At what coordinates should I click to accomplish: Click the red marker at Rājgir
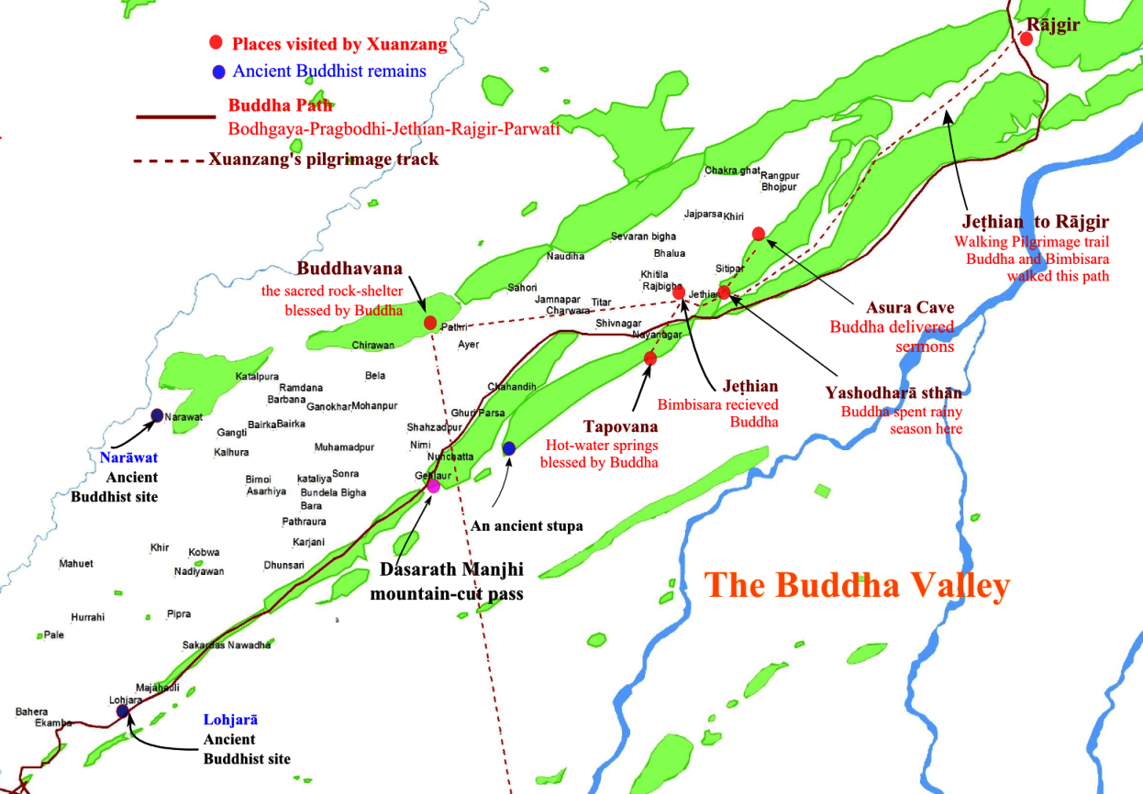coord(1026,39)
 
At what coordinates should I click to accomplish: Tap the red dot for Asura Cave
coord(758,234)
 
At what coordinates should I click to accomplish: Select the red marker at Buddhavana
coord(429,323)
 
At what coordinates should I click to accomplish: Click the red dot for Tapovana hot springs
coord(649,358)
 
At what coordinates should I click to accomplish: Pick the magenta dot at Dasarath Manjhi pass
coord(433,486)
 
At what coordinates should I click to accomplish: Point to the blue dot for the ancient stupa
coord(509,447)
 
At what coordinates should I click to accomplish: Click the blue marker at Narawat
coord(157,415)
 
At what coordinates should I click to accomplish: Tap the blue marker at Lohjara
coord(123,711)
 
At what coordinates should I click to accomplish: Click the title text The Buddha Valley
coord(857,585)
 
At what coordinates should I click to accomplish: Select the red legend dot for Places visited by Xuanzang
coord(216,43)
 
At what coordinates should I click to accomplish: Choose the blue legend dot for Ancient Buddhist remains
coord(217,72)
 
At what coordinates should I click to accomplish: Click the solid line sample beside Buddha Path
coord(174,117)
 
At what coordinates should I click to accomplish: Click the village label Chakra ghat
coord(732,171)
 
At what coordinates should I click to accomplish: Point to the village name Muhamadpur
coord(344,447)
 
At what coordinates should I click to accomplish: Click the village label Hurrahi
coord(88,617)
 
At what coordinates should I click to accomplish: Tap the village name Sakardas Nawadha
coord(227,645)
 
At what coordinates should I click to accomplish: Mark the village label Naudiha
coord(565,257)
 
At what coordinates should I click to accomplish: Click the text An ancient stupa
coord(527,526)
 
